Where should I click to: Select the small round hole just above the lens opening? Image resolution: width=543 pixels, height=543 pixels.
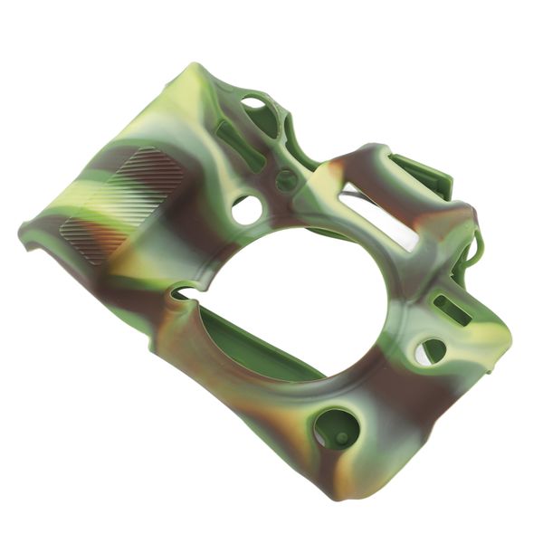click(x=246, y=210)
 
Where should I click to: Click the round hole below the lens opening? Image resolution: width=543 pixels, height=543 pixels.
click(x=336, y=427)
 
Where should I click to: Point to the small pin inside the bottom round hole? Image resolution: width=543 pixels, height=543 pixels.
click(x=341, y=437)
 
